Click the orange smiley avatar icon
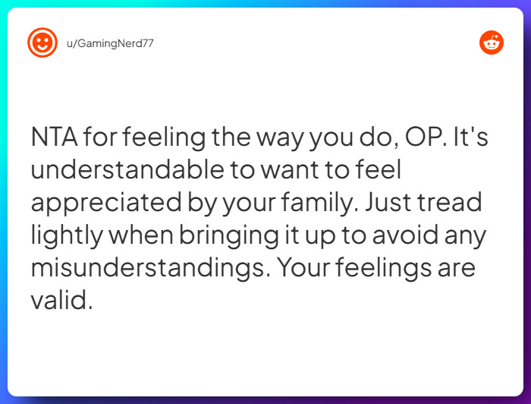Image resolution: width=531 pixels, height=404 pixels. (x=42, y=43)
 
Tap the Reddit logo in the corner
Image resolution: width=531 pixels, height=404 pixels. (x=491, y=43)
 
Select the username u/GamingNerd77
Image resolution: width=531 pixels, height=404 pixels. (x=110, y=43)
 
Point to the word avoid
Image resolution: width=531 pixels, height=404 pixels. (x=408, y=235)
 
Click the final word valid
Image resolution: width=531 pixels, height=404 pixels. (x=61, y=301)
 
